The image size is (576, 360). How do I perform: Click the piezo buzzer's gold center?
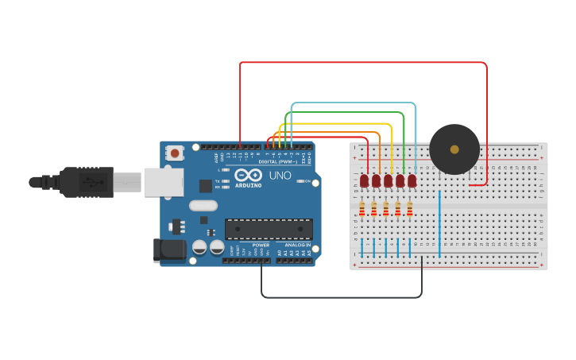point(454,149)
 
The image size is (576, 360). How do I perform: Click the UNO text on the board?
point(280,176)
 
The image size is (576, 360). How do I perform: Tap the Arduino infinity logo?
point(248,176)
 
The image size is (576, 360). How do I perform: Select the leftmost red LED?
point(365,180)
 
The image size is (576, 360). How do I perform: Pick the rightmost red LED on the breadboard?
point(412,180)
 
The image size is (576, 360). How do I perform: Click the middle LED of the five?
point(389,180)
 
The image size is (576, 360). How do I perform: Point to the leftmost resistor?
point(362,209)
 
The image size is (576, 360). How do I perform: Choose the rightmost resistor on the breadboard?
point(410,209)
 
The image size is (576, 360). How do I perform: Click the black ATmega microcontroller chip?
point(269,229)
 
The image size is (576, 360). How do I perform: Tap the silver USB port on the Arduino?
point(163,182)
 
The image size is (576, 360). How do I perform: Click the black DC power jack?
point(169,250)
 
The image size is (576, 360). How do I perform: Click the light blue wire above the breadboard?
point(354,103)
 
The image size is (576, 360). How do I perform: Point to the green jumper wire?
point(342,113)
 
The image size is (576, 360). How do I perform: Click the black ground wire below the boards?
point(342,297)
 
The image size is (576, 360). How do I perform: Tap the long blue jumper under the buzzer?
point(439,223)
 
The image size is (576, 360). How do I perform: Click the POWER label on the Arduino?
point(261,245)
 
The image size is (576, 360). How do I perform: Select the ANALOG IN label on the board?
point(298,245)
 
